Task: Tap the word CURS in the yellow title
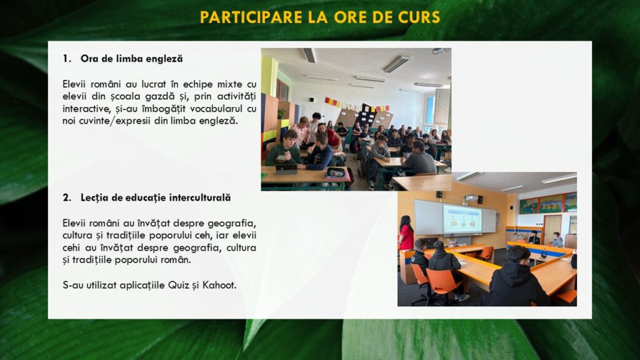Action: click(x=419, y=17)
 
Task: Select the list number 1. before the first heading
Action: click(x=67, y=59)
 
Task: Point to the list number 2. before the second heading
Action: click(x=67, y=198)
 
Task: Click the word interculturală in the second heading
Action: click(x=199, y=197)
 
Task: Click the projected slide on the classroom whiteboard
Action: click(x=462, y=219)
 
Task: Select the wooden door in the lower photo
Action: click(x=552, y=231)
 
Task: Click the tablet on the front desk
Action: click(x=286, y=169)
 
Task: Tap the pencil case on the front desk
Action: click(x=336, y=174)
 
